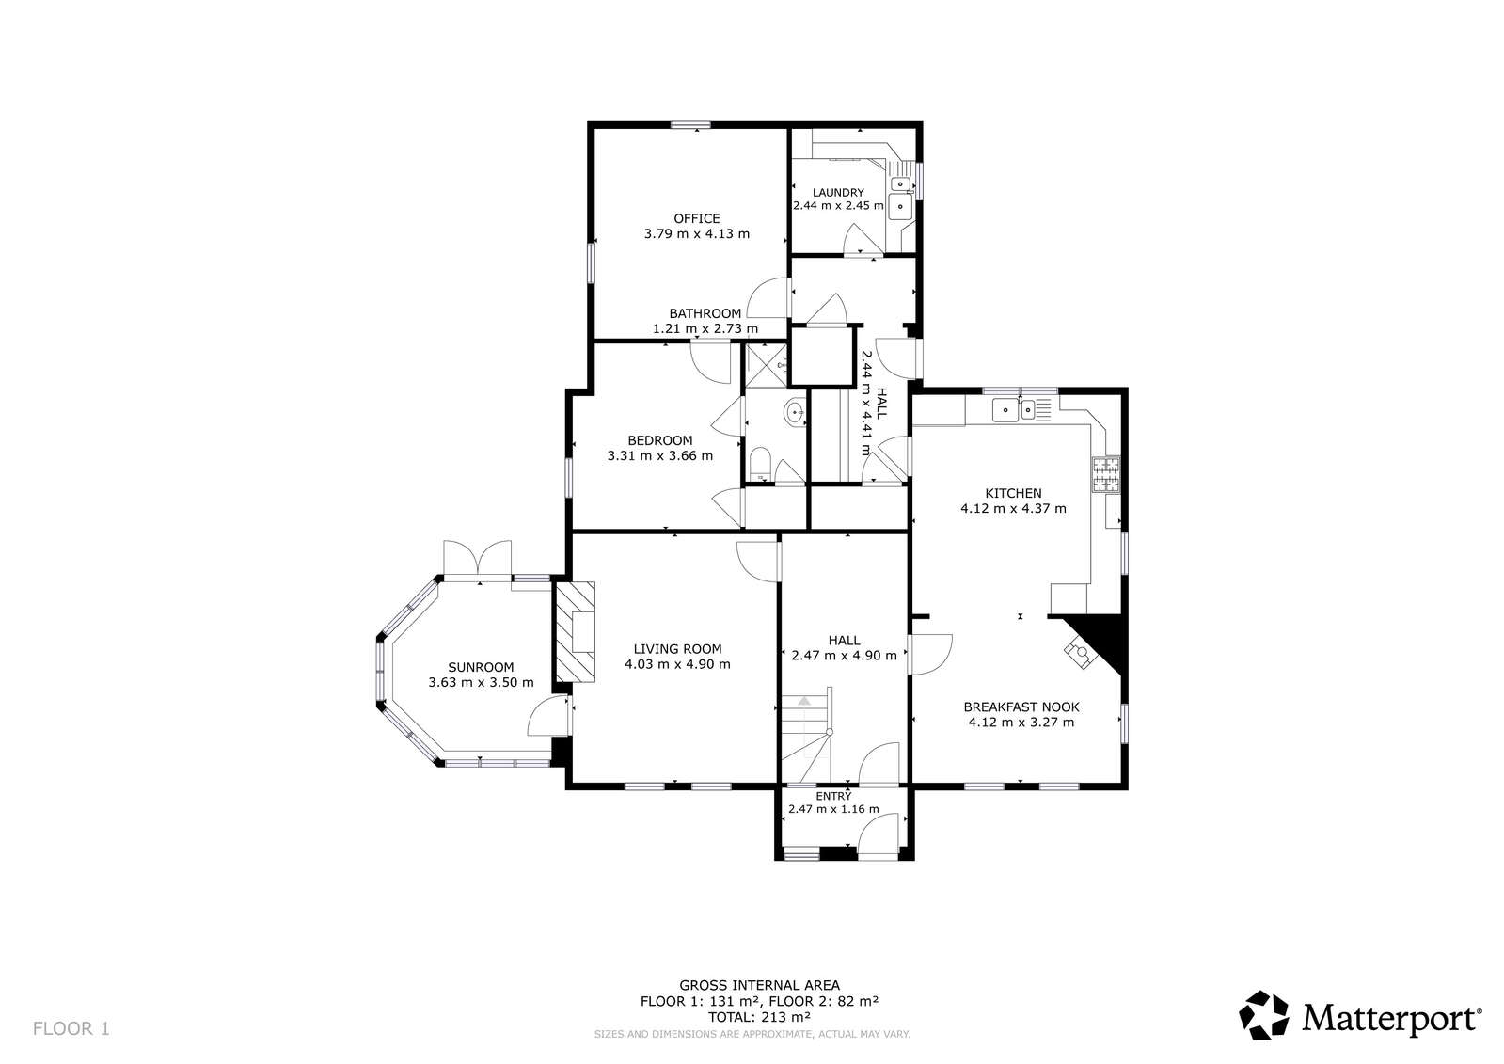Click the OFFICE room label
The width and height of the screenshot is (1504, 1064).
[697, 218]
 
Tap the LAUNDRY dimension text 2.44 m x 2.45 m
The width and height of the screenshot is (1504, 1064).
[838, 205]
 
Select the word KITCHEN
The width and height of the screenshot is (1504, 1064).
[1013, 493]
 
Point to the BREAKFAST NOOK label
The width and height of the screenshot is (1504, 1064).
[1021, 707]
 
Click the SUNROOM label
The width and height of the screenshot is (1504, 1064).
[481, 667]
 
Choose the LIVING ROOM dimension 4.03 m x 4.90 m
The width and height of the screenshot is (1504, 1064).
[677, 664]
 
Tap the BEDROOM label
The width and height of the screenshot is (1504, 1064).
[660, 440]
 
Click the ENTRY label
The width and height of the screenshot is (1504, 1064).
[833, 796]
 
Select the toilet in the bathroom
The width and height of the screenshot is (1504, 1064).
[760, 464]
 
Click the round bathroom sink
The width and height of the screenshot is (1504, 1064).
[795, 411]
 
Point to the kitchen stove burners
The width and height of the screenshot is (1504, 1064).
[1106, 475]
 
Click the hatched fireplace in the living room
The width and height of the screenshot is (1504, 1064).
[576, 632]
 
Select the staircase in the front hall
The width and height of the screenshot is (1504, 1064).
[806, 734]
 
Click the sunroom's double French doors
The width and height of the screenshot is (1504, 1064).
[478, 558]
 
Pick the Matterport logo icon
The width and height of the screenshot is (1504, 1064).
[1264, 1015]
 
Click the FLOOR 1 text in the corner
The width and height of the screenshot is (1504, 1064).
[71, 1028]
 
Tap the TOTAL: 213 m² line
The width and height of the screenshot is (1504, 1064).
[759, 1017]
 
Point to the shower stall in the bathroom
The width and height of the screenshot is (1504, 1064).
[766, 365]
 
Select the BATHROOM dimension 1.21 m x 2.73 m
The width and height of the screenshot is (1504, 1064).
[705, 328]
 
